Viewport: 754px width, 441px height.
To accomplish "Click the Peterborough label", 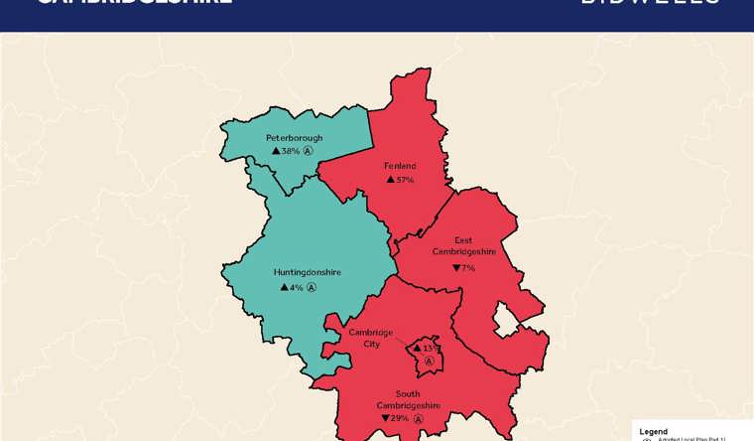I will click(x=294, y=137).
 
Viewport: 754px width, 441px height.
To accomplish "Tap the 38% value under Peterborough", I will click(x=291, y=151).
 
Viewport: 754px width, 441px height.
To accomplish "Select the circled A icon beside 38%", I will click(x=309, y=151).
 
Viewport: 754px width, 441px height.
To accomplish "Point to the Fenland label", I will click(x=400, y=166).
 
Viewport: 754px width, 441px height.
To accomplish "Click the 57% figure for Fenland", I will click(x=405, y=180).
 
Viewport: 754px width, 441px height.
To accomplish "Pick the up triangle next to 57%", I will click(x=390, y=180).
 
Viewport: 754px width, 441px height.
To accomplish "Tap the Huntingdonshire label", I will click(x=307, y=271).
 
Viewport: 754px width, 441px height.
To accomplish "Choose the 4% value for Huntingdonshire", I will click(x=296, y=287).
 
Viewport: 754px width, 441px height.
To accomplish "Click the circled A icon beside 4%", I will click(x=312, y=287).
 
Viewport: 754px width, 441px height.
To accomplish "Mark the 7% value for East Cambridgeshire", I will click(x=468, y=268).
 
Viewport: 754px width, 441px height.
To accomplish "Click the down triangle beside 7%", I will click(x=455, y=268).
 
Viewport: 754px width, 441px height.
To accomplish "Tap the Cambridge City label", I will click(x=370, y=338).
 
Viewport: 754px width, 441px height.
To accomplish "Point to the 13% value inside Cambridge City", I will click(x=430, y=349).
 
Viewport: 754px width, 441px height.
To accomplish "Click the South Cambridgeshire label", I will click(x=408, y=399).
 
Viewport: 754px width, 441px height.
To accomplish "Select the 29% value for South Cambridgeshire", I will click(x=400, y=418).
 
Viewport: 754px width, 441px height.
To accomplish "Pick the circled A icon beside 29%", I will click(x=419, y=418).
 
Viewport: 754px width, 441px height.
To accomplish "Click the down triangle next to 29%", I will click(x=385, y=418).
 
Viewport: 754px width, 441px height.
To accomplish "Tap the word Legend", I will click(x=654, y=431).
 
